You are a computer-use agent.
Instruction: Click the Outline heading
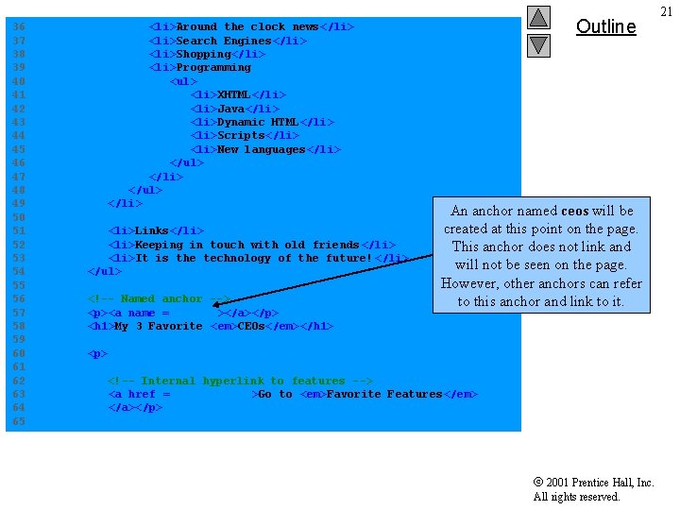pyautogui.click(x=605, y=26)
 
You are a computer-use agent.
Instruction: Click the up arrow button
pyautogui.click(x=538, y=18)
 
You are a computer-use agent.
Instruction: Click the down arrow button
pyautogui.click(x=538, y=44)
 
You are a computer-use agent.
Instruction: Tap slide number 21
pyautogui.click(x=666, y=11)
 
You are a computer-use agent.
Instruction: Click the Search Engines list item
pyautogui.click(x=228, y=41)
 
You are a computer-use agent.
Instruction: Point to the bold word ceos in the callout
pyautogui.click(x=574, y=211)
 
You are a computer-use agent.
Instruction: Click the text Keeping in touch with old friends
pyautogui.click(x=247, y=245)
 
